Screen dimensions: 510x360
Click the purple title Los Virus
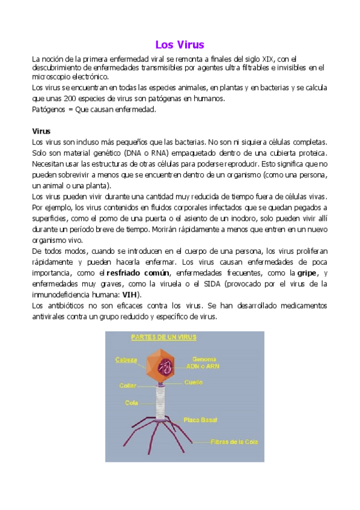pos(180,45)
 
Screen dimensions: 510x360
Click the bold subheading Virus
pos(41,131)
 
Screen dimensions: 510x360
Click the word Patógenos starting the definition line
pos(49,109)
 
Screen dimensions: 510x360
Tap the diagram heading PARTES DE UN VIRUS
pos(163,338)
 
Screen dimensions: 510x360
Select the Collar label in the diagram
pos(127,386)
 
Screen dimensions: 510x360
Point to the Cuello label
pos(193,382)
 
